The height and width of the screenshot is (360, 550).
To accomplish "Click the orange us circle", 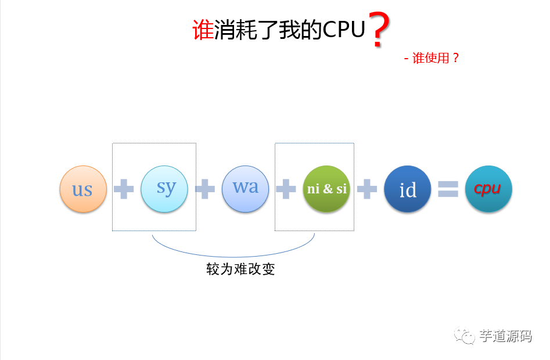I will point(83,189).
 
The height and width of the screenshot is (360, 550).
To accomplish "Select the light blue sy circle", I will point(164,188).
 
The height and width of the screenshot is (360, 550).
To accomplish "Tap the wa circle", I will point(245,188).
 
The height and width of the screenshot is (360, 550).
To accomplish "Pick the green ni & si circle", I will point(326,189).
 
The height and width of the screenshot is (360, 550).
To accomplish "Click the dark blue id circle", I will point(408,189).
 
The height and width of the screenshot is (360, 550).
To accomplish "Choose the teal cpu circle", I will point(488,189).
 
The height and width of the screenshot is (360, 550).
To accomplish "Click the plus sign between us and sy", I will point(123,189).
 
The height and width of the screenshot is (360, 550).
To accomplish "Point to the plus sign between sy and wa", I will point(204,189).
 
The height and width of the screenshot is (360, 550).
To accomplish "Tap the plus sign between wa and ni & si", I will point(285,189).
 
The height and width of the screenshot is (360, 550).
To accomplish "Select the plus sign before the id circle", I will point(366,189).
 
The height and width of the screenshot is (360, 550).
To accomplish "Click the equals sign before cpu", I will point(448,189).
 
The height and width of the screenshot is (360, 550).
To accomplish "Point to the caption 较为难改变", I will point(240,269).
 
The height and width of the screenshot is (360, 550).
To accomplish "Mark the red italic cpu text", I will point(488,189).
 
